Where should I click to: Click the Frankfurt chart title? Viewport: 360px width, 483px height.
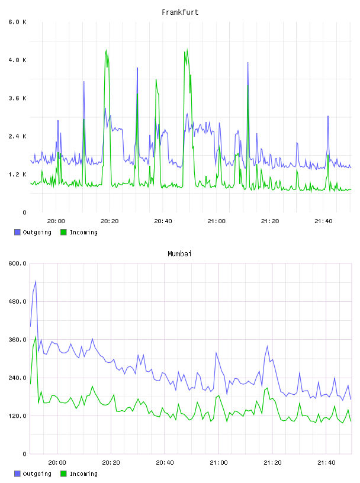[180, 12]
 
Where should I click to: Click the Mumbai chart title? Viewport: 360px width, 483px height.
[179, 254]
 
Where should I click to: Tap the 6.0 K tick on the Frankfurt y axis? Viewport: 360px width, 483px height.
[17, 22]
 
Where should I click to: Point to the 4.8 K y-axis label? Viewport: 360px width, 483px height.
[17, 60]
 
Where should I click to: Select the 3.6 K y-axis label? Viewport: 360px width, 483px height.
[17, 98]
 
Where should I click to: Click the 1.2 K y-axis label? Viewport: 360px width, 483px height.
[17, 175]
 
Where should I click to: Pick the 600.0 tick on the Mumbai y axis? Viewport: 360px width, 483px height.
[17, 263]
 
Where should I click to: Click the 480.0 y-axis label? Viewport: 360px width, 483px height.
[17, 301]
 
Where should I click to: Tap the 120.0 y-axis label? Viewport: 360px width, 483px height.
[17, 416]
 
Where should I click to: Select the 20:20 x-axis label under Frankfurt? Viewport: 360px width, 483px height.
[110, 221]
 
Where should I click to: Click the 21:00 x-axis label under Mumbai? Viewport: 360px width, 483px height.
[218, 462]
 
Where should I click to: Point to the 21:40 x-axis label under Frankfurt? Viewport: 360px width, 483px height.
[323, 221]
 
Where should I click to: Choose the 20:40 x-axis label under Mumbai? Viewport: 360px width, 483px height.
[165, 462]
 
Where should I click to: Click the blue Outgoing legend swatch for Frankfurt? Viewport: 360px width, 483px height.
[17, 232]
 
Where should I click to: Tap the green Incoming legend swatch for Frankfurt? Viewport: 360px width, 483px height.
[63, 232]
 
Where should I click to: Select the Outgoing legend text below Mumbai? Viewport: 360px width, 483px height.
[37, 474]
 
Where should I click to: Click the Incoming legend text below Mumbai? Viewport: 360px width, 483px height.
[83, 474]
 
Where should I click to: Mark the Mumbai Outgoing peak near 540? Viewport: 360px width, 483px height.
[36, 281]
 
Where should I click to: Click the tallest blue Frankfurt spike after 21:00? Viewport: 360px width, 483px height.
[248, 63]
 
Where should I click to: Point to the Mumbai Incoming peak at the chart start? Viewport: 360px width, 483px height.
[36, 336]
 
